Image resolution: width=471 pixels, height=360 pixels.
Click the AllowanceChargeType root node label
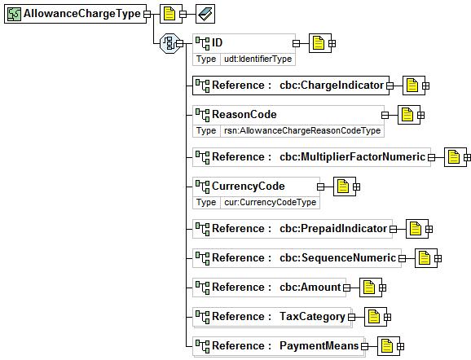82,14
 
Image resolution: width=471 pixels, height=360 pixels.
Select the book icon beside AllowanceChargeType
205,14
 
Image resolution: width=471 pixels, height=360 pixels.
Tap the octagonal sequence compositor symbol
169,43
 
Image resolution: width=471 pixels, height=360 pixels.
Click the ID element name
218,42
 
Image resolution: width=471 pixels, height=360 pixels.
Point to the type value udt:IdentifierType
258,59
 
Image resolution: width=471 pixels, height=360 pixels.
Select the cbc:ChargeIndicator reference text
332,86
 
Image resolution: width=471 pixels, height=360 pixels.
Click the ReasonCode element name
244,114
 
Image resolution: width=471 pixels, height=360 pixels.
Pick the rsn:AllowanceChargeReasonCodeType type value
302,130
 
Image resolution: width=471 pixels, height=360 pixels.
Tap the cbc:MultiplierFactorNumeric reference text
352,157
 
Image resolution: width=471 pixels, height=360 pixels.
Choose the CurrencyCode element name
248,187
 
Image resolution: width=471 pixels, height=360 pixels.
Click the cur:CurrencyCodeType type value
271,202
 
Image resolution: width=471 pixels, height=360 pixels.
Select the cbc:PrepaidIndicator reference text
333,229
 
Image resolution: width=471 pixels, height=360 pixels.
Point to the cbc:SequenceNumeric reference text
337,258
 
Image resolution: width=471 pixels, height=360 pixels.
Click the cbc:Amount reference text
310,287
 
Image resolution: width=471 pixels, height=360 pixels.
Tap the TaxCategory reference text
312,317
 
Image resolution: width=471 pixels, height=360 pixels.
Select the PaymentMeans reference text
319,345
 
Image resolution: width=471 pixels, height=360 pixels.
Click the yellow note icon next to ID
319,43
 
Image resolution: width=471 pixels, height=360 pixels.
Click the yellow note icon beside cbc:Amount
369,288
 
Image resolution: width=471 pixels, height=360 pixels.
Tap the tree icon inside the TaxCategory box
203,317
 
